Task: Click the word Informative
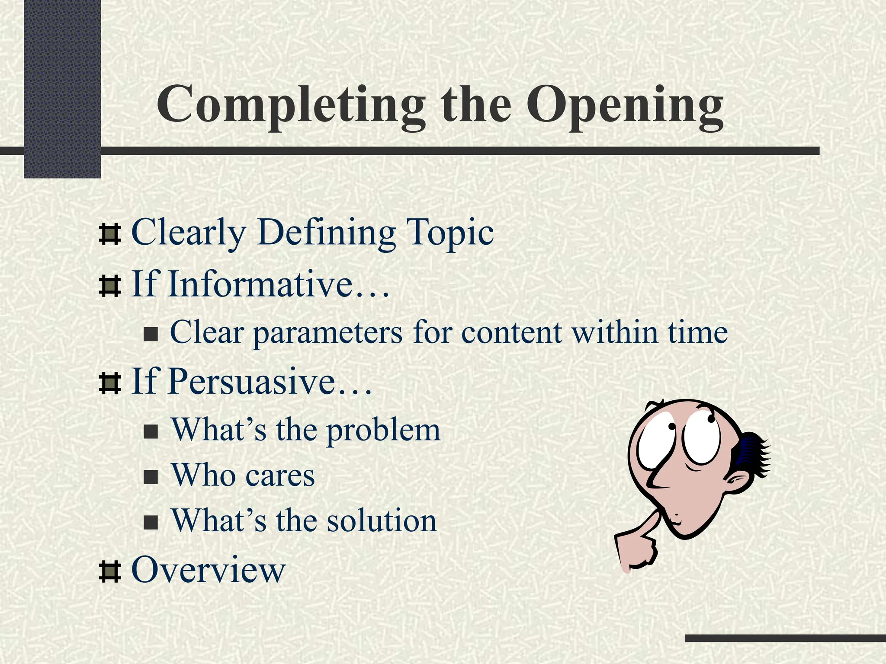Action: pyautogui.click(x=260, y=284)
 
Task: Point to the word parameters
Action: pyautogui.click(x=327, y=333)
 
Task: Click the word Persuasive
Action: pyautogui.click(x=251, y=381)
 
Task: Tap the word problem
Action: pyautogui.click(x=383, y=430)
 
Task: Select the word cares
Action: pyautogui.click(x=280, y=475)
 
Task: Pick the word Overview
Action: pyautogui.click(x=209, y=569)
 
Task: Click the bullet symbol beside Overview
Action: pyautogui.click(x=109, y=571)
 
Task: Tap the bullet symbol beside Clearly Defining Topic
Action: pyautogui.click(x=109, y=234)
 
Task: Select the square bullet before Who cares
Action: pyautogui.click(x=151, y=477)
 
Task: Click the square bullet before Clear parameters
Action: pyautogui.click(x=151, y=335)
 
